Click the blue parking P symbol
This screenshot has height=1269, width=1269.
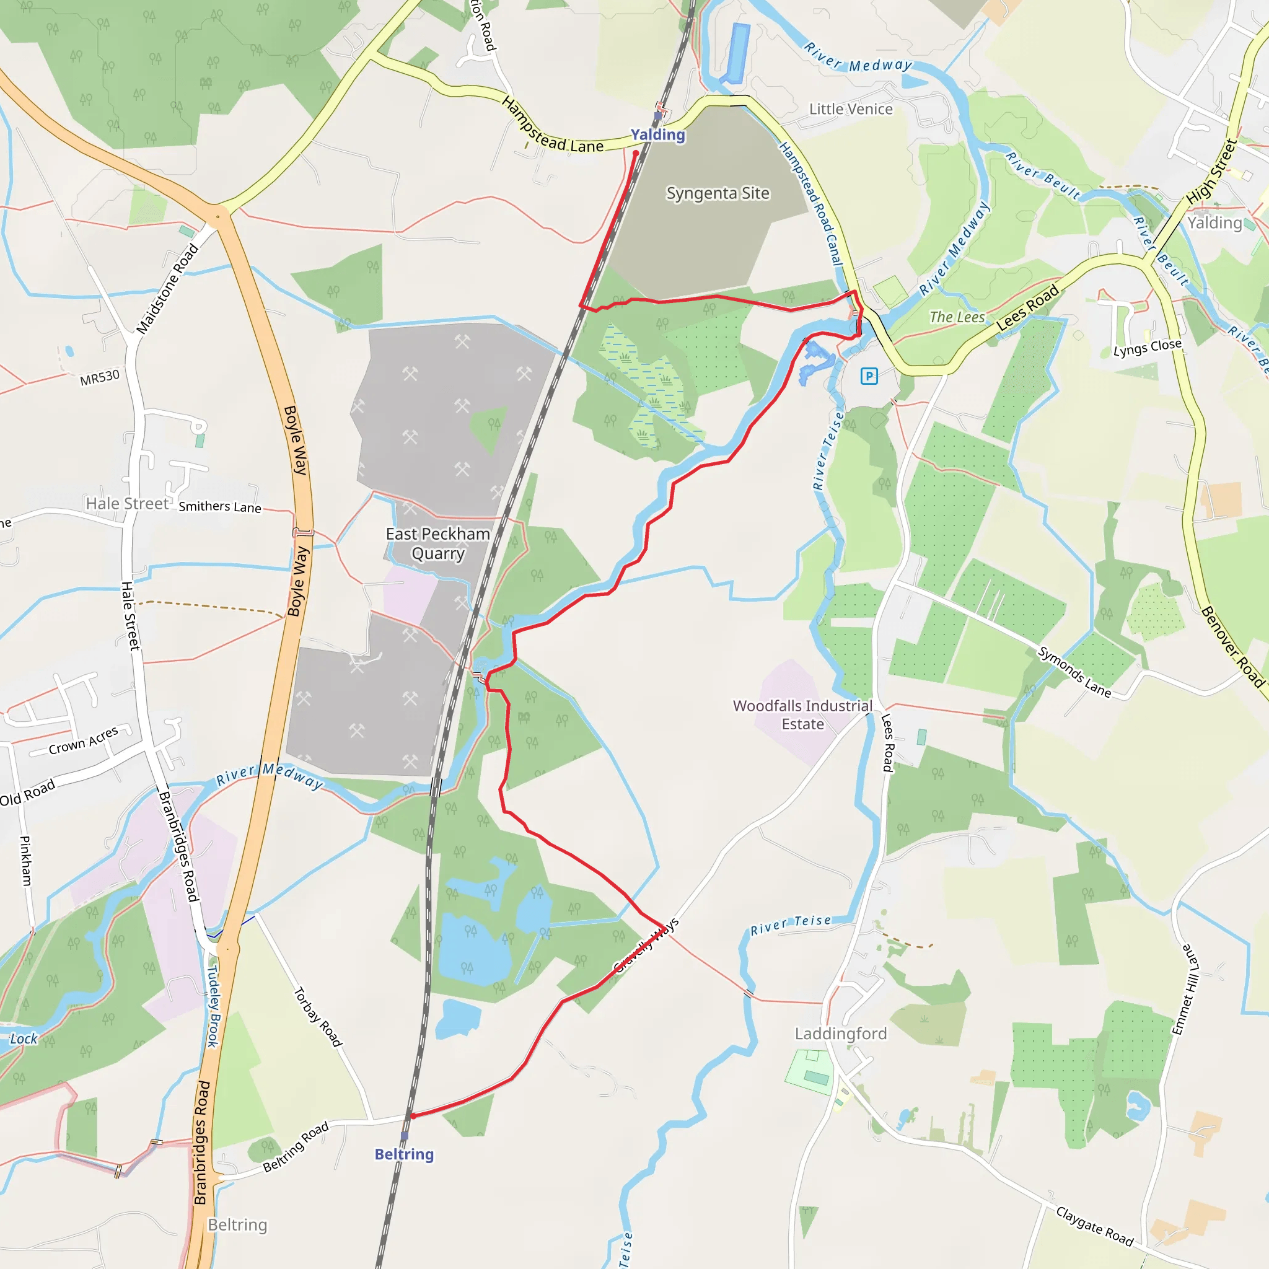pos(869,376)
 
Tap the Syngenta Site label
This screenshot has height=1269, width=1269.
pos(718,193)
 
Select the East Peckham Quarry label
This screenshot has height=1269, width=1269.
pos(438,543)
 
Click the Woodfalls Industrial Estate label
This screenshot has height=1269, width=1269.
pos(802,714)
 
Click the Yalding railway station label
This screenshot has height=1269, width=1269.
pos(657,134)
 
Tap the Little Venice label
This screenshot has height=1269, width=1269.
pos(851,109)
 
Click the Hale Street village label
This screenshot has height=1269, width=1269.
pos(128,504)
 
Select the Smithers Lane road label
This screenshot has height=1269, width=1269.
pos(220,506)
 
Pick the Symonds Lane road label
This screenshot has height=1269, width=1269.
pos(1074,672)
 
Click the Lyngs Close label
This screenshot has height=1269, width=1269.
pos(1147,348)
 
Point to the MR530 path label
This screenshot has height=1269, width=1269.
pos(100,378)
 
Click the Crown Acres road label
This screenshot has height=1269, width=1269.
pos(84,740)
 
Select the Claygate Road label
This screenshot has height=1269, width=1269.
pos(1095,1226)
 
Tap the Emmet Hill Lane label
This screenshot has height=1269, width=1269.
pos(1185,990)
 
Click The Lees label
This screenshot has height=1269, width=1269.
pos(957,317)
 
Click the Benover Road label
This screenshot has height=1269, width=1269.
pos(1233,647)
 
